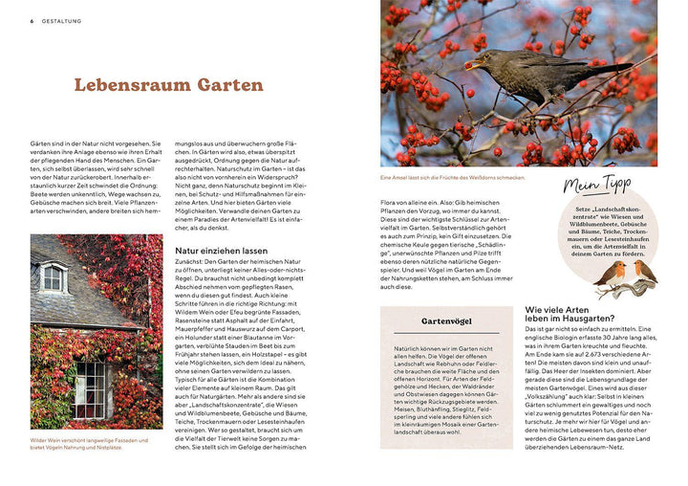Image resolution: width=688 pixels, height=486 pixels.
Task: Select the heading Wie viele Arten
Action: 569,310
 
